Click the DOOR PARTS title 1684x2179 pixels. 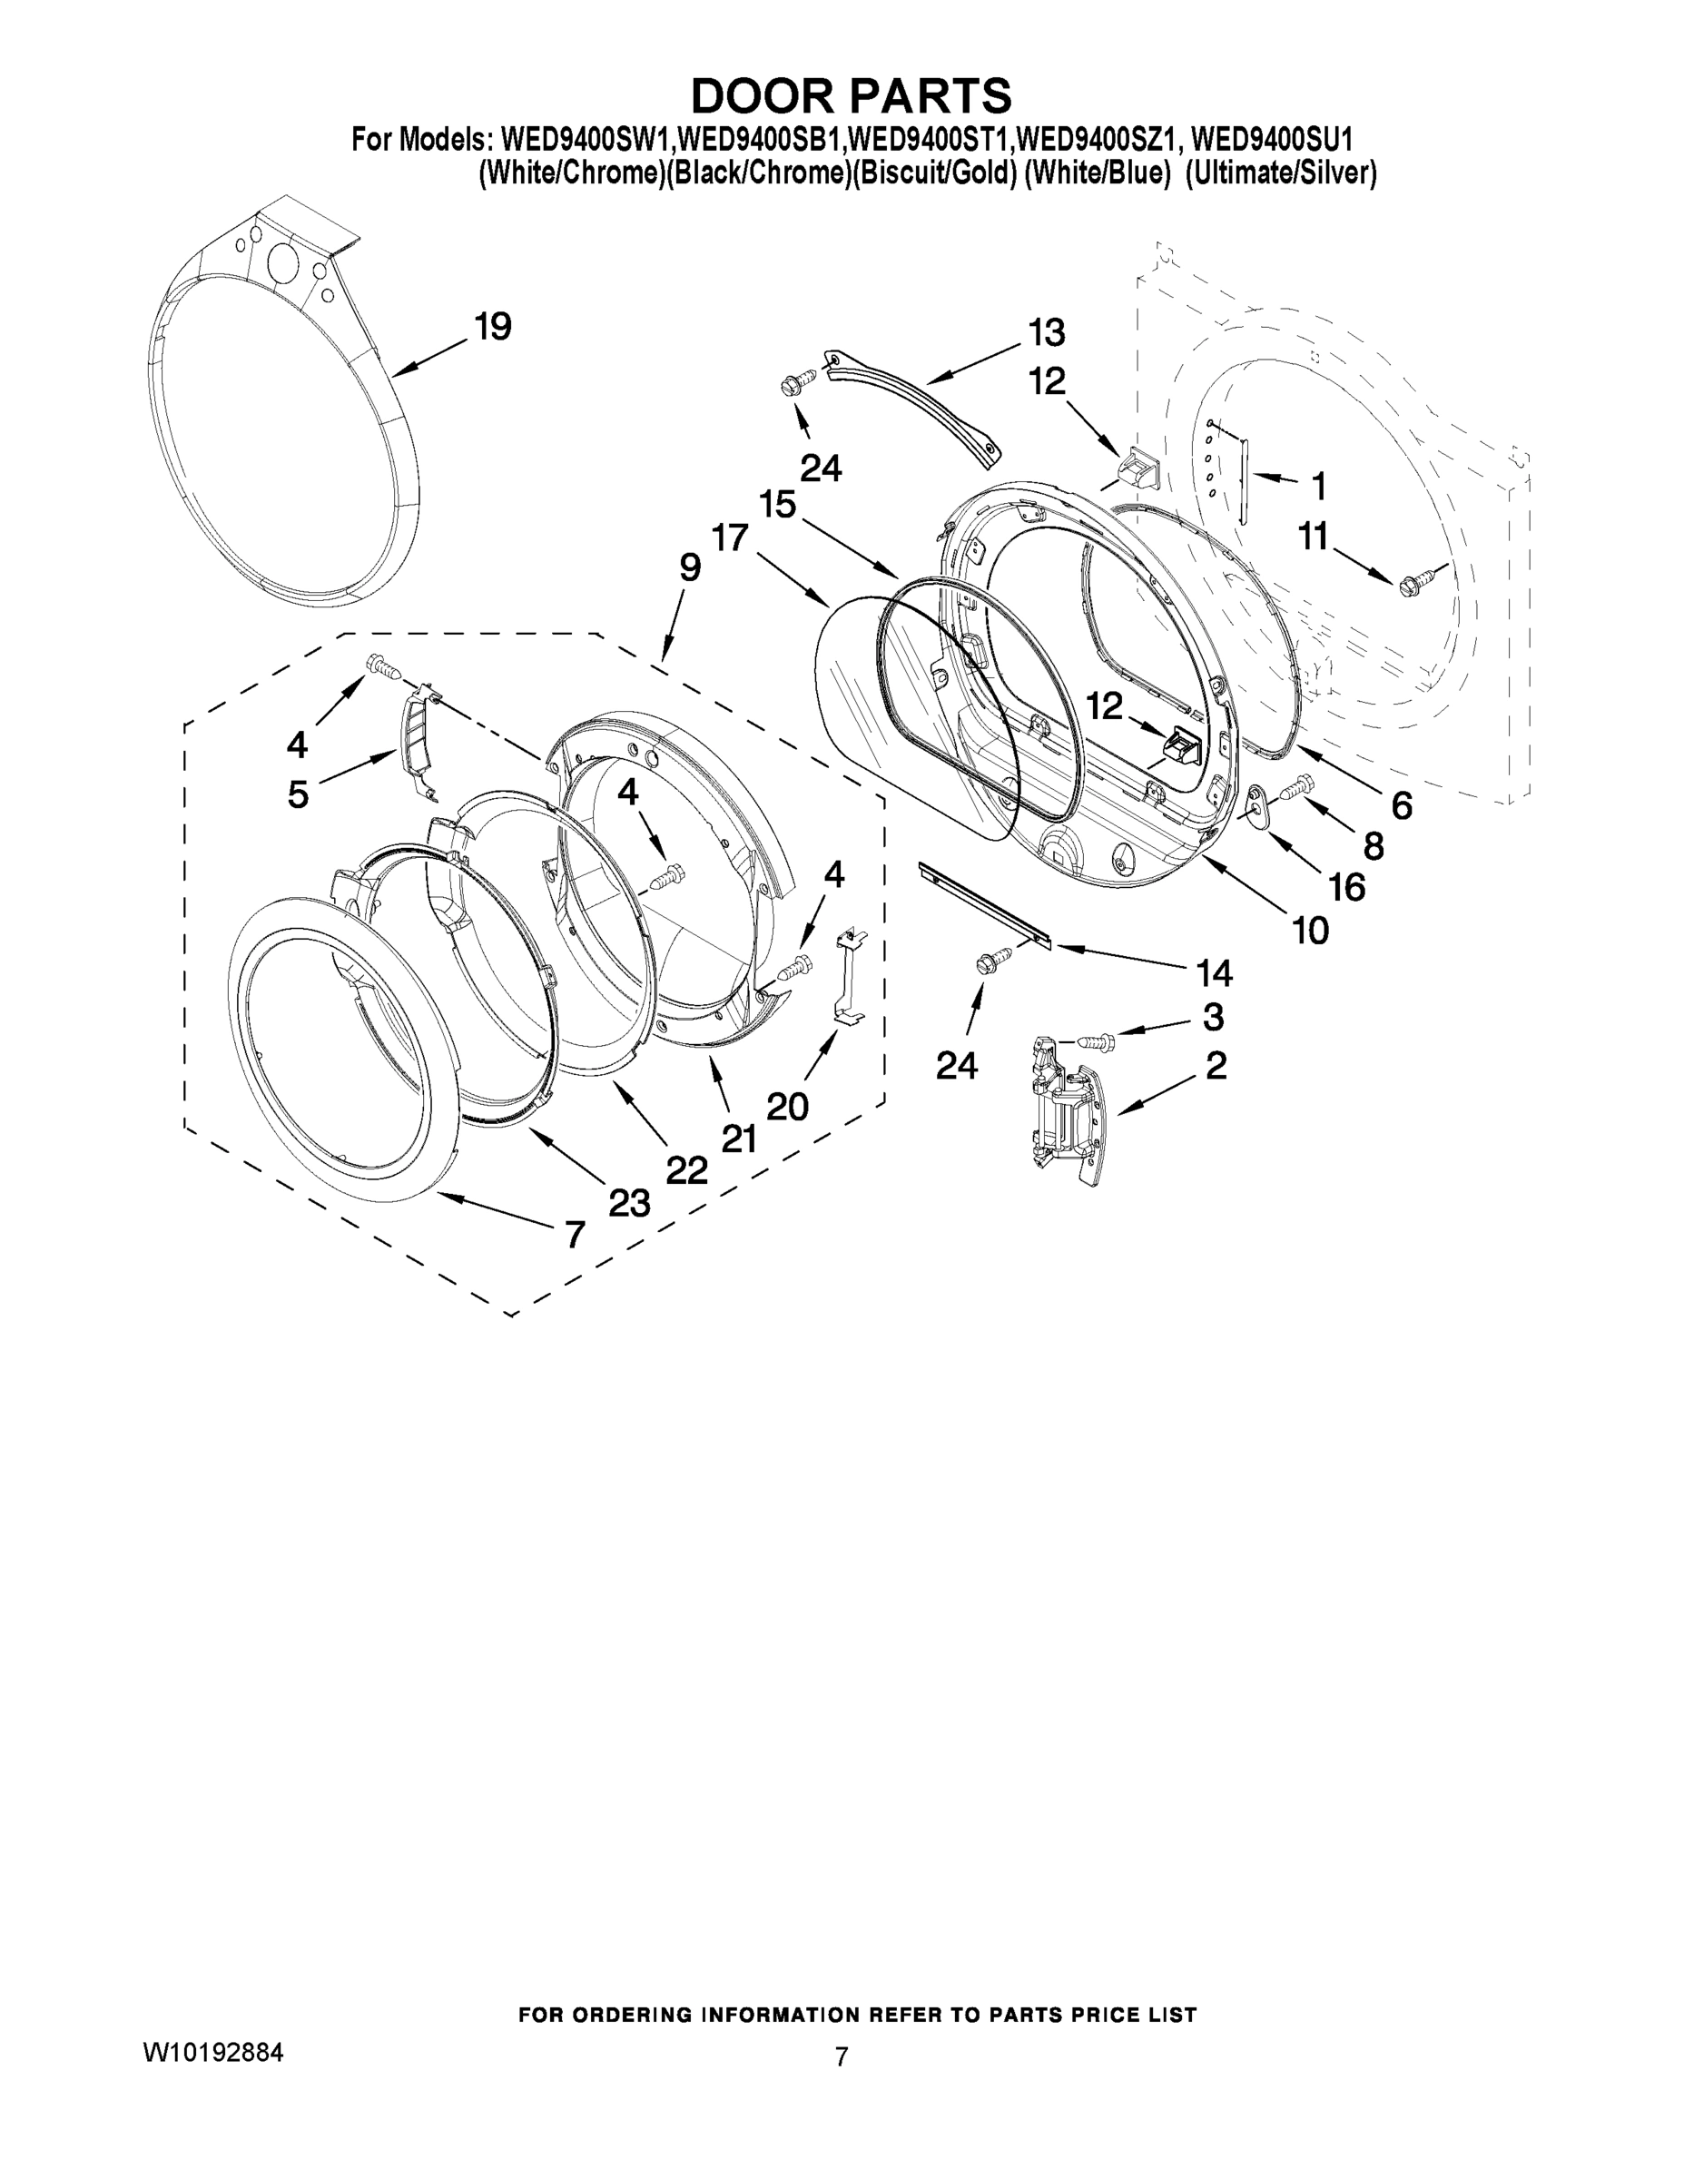coord(851,95)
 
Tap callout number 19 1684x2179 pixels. coord(493,326)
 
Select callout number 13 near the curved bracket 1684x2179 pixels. coord(1047,332)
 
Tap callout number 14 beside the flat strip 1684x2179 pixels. coord(1212,971)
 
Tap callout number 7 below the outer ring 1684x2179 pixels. coord(574,1235)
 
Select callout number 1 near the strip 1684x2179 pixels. coord(1319,488)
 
